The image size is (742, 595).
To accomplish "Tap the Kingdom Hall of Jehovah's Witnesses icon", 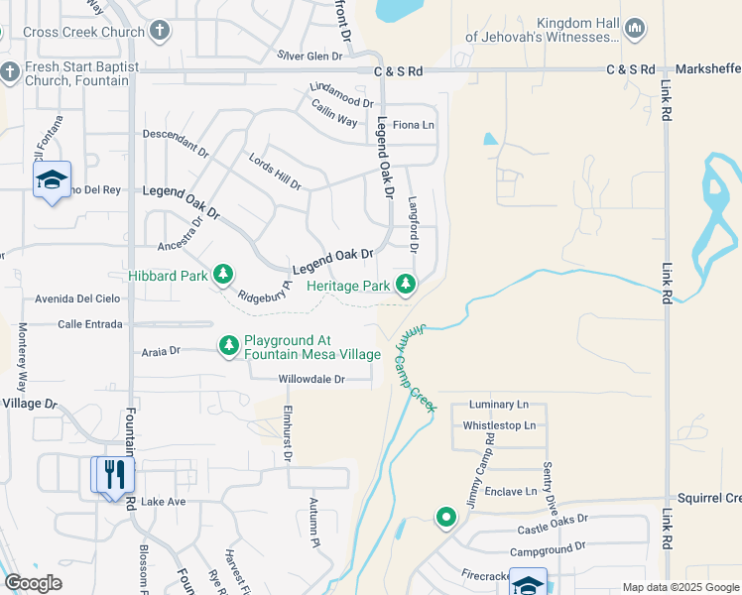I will pyautogui.click(x=637, y=29).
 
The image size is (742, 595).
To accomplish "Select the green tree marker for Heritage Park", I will pyautogui.click(x=405, y=285).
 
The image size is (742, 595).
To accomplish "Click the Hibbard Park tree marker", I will pyautogui.click(x=223, y=274).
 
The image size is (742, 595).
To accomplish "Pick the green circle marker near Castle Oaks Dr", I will pyautogui.click(x=446, y=517).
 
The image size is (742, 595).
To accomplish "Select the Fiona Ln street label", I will pyautogui.click(x=414, y=125).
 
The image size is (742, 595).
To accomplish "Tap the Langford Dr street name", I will pyautogui.click(x=415, y=223).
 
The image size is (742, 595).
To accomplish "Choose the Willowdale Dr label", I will pyautogui.click(x=310, y=379).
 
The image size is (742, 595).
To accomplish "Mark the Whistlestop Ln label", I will pyautogui.click(x=499, y=425).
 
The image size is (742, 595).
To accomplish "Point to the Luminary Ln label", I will pyautogui.click(x=500, y=405).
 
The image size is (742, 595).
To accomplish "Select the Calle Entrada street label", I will pyautogui.click(x=89, y=324).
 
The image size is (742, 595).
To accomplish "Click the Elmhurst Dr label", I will pyautogui.click(x=287, y=432).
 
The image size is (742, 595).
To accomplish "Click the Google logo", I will pyautogui.click(x=33, y=582).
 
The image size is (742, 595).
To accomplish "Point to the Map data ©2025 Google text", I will pyautogui.click(x=680, y=587).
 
